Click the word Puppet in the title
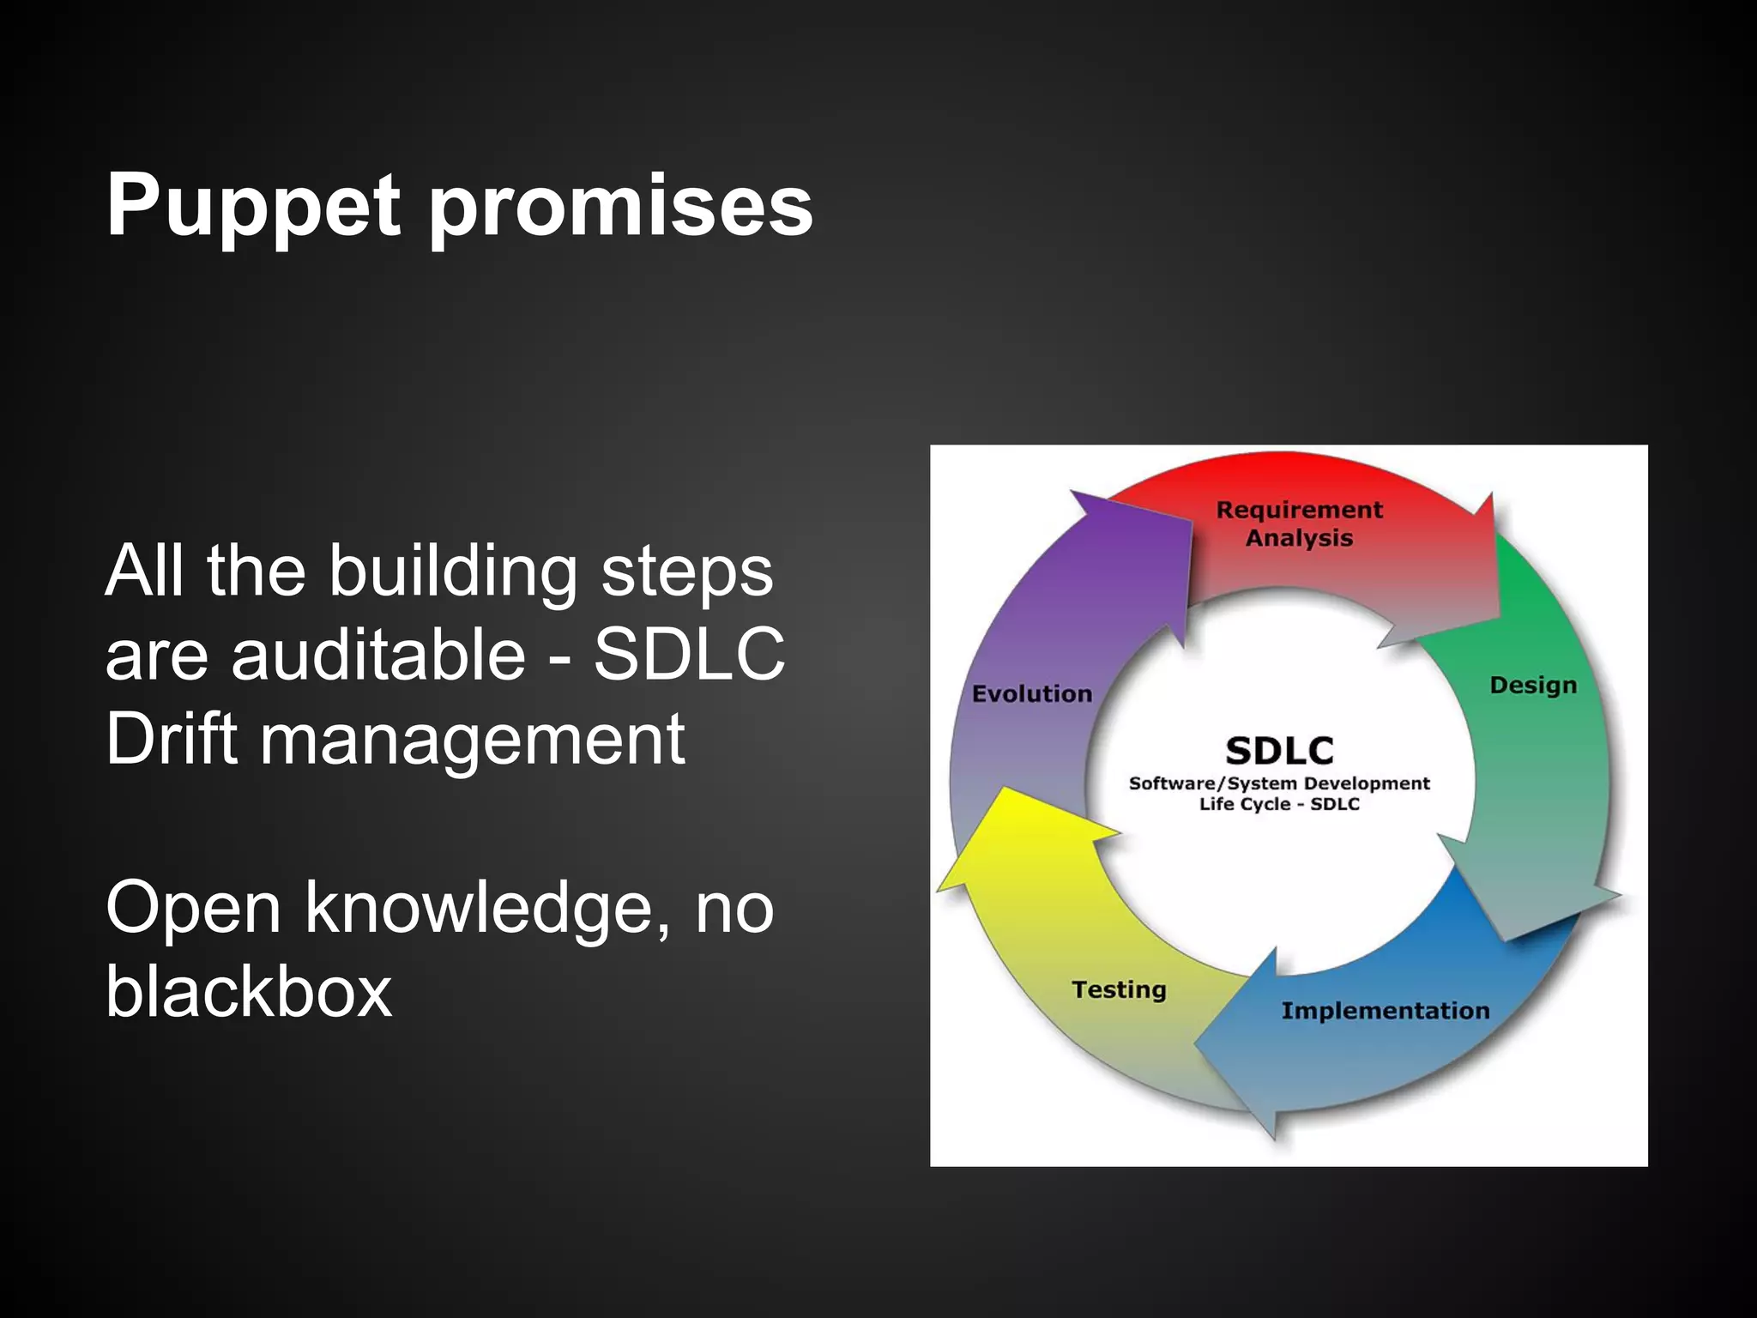tap(253, 207)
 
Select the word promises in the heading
tap(619, 207)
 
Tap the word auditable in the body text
tap(377, 655)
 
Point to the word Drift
tap(171, 739)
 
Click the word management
tap(472, 741)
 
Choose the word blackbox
tap(249, 992)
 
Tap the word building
tap(453, 571)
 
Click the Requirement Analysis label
tap(1299, 523)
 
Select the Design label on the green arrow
tap(1533, 686)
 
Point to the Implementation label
tap(1385, 1011)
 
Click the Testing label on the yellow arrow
tap(1119, 989)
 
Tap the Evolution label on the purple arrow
tap(1031, 693)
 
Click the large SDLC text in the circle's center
tap(1279, 751)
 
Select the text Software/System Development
tap(1278, 783)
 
